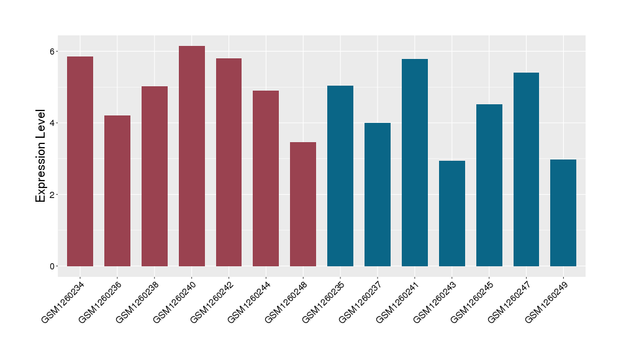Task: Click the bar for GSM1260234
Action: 80,161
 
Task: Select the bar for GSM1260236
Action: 117,191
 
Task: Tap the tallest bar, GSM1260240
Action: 192,156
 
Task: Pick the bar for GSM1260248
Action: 303,204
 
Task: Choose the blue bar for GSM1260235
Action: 340,176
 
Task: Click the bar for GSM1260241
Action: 415,163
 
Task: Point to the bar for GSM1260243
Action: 452,214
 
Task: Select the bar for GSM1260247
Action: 526,169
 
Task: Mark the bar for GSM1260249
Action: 563,213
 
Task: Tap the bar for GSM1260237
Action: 378,194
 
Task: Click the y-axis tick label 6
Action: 53,51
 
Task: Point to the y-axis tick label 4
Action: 53,123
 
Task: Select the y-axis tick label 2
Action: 53,195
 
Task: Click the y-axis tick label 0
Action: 53,266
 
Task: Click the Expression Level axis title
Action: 41,156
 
